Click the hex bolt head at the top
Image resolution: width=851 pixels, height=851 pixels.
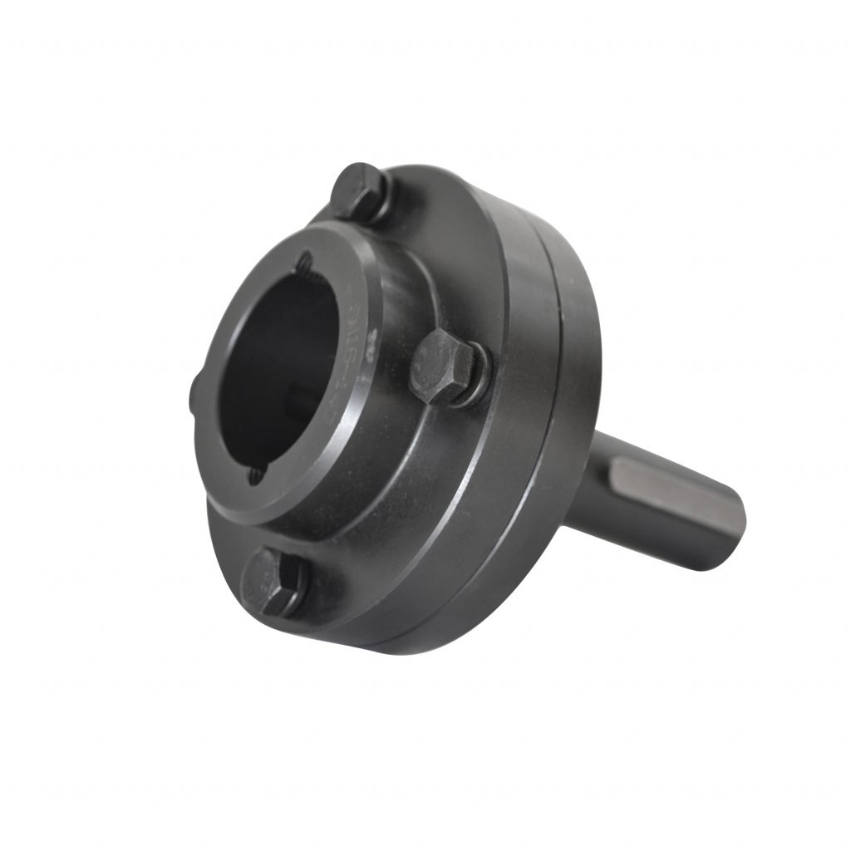click(x=357, y=189)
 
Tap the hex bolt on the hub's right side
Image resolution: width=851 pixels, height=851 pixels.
click(x=440, y=366)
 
